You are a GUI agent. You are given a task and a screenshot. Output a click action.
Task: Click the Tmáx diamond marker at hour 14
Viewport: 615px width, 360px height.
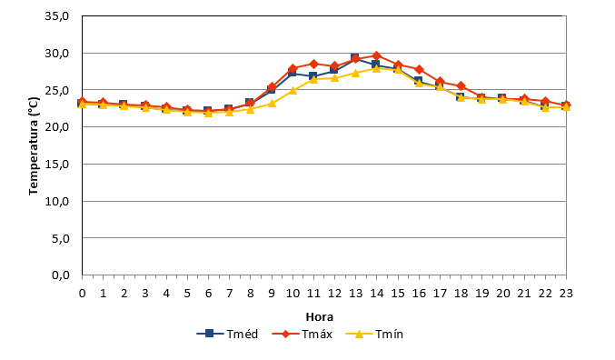coord(376,55)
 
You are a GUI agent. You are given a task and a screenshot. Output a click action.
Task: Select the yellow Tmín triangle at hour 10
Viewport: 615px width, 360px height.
coord(293,91)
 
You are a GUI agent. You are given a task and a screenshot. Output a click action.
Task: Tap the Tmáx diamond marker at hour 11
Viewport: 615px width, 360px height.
coord(313,64)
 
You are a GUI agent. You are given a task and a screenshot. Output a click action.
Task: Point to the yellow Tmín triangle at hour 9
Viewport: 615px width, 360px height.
coord(272,104)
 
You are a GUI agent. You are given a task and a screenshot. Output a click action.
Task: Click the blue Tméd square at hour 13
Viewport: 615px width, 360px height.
coord(355,58)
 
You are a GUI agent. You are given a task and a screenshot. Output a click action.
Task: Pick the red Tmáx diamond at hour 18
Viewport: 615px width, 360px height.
coord(461,86)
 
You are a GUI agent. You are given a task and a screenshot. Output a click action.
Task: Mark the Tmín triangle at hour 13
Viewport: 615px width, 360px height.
coord(356,73)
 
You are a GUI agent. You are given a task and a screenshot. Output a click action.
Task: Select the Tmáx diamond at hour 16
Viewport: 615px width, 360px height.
coord(419,69)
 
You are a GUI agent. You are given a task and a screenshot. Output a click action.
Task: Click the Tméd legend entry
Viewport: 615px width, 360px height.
coord(227,334)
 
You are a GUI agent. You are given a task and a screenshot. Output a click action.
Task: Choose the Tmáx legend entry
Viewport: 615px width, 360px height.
coord(302,334)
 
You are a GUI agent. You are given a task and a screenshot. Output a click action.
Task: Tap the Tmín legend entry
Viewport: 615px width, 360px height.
coord(374,334)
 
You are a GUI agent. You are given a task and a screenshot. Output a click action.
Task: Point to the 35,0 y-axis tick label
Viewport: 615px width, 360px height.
coord(57,16)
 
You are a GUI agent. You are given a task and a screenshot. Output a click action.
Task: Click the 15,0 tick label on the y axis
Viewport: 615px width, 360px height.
coord(57,165)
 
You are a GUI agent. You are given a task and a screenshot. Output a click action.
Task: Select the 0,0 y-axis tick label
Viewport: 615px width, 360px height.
coord(60,275)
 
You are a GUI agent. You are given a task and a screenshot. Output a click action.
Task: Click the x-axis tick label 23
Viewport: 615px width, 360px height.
coord(566,294)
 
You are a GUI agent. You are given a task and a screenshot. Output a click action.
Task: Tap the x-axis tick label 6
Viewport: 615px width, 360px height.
coord(208,294)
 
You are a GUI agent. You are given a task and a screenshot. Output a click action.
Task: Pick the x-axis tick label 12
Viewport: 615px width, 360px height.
coord(334,294)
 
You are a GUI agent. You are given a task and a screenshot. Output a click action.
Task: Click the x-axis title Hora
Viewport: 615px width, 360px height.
coord(320,316)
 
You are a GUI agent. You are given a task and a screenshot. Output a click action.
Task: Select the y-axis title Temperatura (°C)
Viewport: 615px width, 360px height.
coord(34,145)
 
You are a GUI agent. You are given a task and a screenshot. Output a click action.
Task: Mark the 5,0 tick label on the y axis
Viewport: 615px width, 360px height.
coord(60,238)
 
